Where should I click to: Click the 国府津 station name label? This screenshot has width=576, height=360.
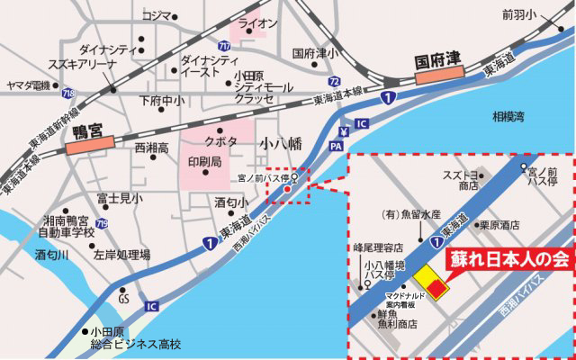pos(438,62)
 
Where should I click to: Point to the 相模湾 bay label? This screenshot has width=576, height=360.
pos(510,116)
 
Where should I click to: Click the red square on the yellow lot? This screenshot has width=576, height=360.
pos(437,288)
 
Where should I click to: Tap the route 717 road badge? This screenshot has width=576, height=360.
pos(223,45)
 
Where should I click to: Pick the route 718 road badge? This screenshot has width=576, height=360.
pos(67,94)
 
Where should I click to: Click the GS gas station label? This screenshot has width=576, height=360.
pos(124,299)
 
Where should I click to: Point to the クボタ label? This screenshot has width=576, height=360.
pos(220,142)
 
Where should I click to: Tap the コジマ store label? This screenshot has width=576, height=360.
pos(156,15)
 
